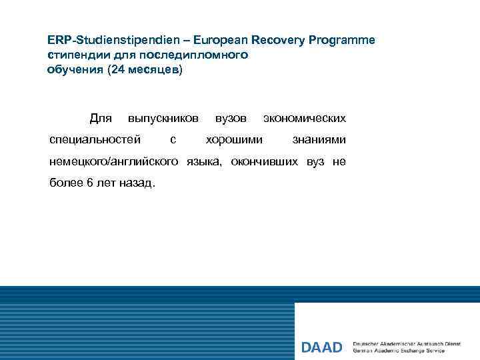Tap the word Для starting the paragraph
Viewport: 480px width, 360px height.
point(100,119)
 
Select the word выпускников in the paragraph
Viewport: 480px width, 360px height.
point(163,119)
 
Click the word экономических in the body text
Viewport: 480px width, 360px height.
point(305,119)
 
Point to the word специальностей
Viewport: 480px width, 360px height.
point(95,140)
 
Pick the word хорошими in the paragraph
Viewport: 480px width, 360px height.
point(234,140)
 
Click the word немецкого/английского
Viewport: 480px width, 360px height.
point(114,161)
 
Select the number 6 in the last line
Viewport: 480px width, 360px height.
point(90,183)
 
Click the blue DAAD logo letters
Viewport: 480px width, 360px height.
point(321,347)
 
